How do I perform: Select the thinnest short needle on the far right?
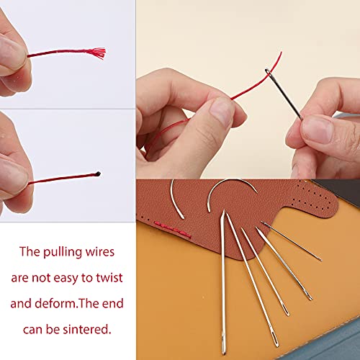(x=292, y=241)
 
